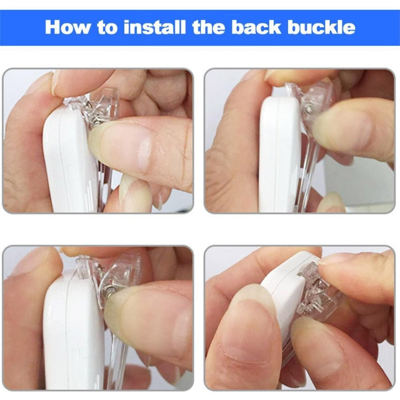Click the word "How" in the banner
[x=67, y=27]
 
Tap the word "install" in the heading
[x=155, y=27]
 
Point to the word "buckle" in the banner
[x=322, y=27]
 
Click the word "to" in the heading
[x=107, y=28]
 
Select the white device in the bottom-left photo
[x=74, y=332]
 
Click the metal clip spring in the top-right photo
[x=309, y=109]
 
